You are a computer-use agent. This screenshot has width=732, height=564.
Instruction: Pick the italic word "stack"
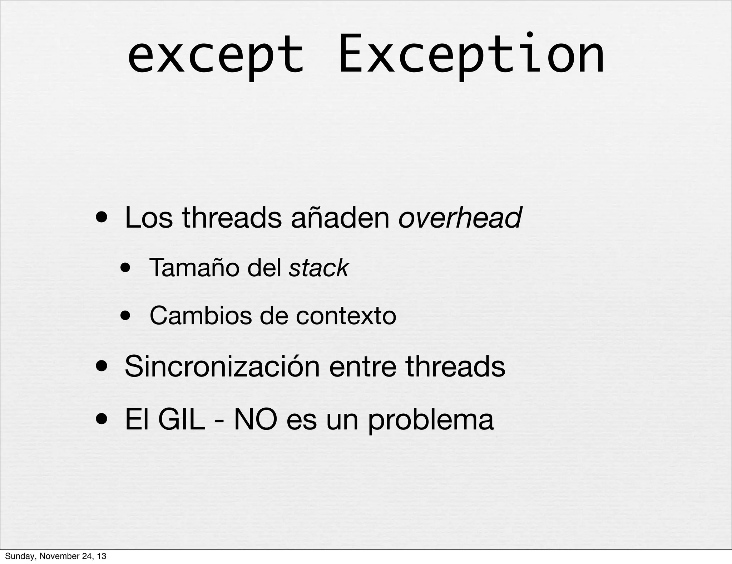[x=318, y=268]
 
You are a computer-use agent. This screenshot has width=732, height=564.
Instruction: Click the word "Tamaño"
[x=194, y=268]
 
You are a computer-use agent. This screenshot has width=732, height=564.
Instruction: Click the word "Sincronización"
[x=222, y=366]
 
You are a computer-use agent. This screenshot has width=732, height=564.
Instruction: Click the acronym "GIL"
[x=181, y=419]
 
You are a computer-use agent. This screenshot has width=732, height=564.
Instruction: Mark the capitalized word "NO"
[x=255, y=419]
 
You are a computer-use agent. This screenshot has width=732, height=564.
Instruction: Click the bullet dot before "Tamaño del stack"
[x=125, y=268]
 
